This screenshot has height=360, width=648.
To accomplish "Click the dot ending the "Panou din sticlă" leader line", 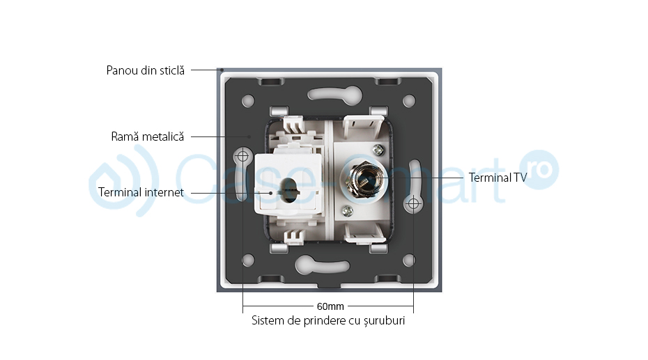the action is point(222,70).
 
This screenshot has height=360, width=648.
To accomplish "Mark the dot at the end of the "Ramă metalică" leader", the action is point(249,136).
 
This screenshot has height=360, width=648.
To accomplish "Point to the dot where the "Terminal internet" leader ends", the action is point(271,193).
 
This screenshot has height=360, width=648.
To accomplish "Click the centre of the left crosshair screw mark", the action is point(243,157).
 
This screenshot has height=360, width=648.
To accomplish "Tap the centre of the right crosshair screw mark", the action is point(413,203).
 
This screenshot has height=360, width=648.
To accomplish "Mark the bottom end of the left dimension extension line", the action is point(243,313).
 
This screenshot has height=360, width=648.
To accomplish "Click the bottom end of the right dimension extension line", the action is point(413,313).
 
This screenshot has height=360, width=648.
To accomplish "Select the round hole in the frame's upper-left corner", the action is point(248,100).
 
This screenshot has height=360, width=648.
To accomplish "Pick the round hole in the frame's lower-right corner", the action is point(409,260).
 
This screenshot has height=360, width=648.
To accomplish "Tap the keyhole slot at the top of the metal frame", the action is point(334,94).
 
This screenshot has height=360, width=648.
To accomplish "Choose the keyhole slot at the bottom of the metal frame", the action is point(323,265).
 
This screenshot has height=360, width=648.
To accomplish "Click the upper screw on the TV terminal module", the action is point(377,150).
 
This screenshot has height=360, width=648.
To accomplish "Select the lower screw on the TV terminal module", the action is point(348,212).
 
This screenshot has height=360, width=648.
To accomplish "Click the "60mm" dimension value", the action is point(330,306).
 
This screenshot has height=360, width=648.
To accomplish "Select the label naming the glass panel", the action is point(146,70).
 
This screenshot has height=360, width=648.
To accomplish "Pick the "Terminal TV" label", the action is point(497,178).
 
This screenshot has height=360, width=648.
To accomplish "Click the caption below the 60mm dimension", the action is point(328,321).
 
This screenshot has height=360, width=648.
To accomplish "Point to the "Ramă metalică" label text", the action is point(148,136).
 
